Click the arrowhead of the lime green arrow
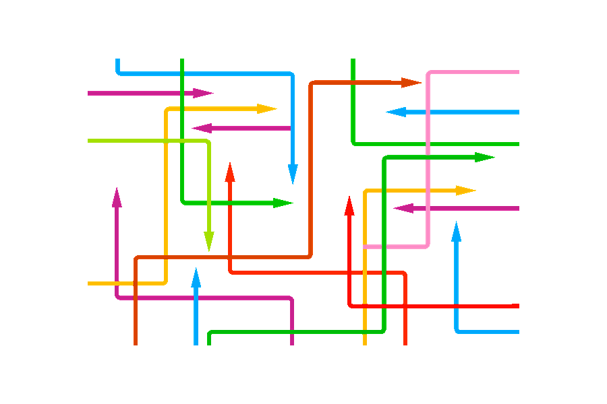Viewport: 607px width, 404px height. click(x=209, y=242)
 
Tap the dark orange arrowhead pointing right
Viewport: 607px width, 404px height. click(x=412, y=83)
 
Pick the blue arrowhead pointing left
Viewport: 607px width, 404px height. click(x=395, y=112)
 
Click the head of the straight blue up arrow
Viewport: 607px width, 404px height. click(x=196, y=277)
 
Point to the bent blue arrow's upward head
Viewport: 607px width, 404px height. click(x=457, y=230)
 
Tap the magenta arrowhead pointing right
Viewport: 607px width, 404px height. click(x=204, y=93)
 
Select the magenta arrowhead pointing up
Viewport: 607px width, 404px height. click(x=117, y=196)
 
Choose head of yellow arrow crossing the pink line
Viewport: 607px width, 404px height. click(x=467, y=191)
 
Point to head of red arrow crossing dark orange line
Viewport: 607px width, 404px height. click(x=230, y=171)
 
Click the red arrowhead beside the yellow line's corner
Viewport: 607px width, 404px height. click(x=349, y=205)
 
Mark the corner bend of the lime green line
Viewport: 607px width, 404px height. click(x=209, y=141)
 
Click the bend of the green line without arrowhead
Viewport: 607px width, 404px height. click(x=353, y=143)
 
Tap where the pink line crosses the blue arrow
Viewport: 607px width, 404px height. click(x=428, y=112)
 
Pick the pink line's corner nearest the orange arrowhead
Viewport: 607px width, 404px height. click(x=428, y=72)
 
